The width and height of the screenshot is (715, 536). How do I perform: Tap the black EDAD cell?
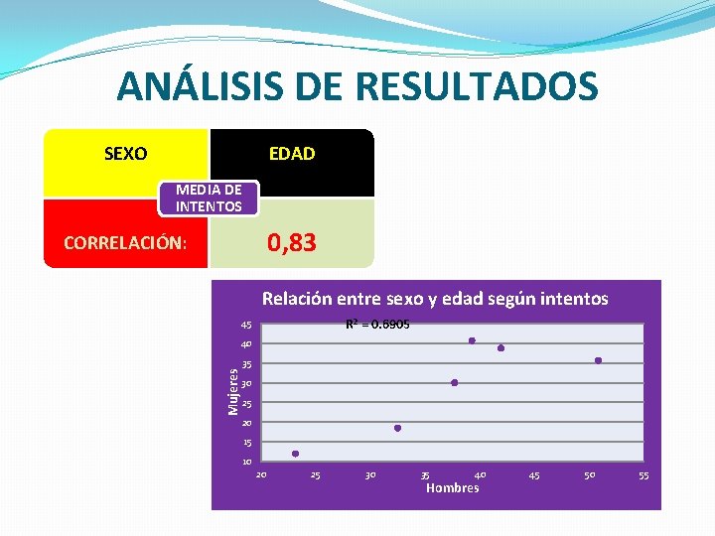coord(292,154)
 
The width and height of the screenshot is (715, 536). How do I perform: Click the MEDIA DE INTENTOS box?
coord(209,198)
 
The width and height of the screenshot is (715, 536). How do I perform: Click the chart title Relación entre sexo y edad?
coord(435,298)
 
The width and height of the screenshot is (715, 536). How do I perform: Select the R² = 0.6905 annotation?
coord(377,325)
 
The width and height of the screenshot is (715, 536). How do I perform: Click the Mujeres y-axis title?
coord(232,392)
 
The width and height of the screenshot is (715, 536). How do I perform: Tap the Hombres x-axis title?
coord(452,487)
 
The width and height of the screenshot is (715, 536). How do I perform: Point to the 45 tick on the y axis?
coord(246,326)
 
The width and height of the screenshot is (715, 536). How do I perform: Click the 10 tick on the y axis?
coord(246,463)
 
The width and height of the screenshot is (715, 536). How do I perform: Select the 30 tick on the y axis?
coord(246,384)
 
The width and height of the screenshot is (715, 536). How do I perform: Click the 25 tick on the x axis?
coord(316,475)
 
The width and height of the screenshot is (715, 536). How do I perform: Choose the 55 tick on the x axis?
coord(643,475)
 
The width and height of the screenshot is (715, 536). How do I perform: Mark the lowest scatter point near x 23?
coord(295,454)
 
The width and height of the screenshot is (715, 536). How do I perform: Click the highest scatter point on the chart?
coord(472,340)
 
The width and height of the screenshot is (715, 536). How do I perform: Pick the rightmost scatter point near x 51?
coord(599,360)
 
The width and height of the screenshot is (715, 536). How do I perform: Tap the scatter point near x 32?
coord(397,428)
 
